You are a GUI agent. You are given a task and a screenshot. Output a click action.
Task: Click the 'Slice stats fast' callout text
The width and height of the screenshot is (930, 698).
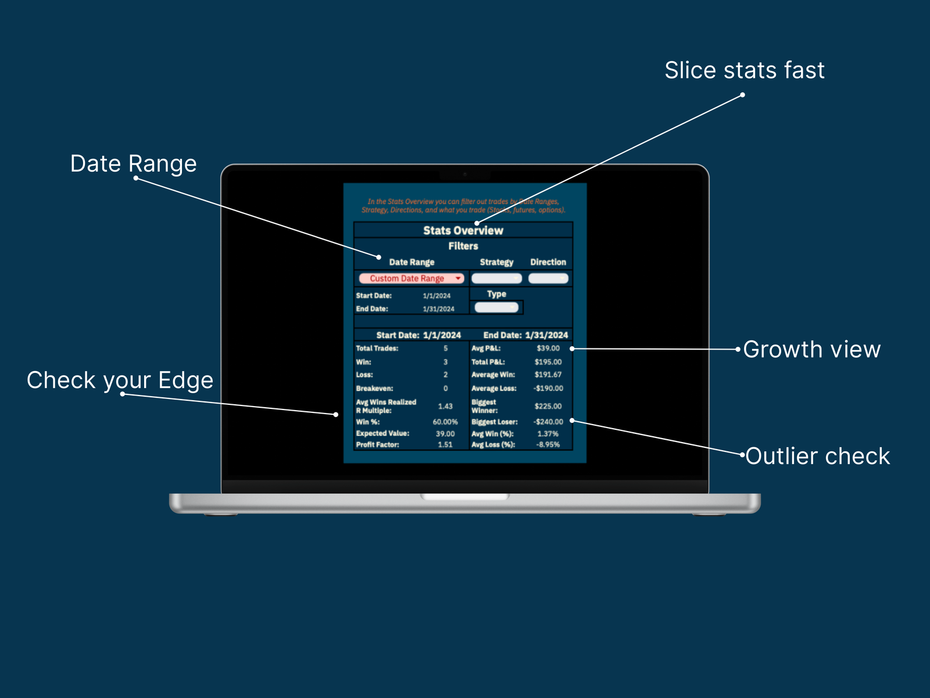click(745, 70)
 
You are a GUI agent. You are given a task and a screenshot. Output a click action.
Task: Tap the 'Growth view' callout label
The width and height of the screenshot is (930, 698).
click(811, 350)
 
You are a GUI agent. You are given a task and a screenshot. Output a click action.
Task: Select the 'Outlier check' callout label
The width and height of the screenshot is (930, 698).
click(817, 456)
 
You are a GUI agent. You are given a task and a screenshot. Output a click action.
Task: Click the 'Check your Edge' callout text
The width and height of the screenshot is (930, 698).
click(120, 380)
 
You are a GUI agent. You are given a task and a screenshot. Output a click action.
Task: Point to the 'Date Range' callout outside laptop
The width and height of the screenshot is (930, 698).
click(133, 163)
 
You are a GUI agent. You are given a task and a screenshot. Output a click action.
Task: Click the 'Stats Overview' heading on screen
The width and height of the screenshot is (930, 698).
click(463, 230)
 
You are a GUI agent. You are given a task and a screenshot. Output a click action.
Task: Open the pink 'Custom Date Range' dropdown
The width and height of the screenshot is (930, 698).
click(411, 279)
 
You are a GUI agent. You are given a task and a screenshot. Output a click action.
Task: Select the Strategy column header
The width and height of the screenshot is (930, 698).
click(496, 262)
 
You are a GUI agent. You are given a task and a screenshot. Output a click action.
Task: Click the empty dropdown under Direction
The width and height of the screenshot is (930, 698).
click(548, 279)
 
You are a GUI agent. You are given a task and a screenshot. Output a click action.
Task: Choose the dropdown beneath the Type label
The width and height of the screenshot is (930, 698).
click(496, 308)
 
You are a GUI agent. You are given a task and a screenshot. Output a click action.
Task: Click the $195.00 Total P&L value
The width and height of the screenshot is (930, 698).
click(548, 362)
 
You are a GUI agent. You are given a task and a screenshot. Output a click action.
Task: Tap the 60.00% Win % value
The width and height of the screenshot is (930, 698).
click(445, 422)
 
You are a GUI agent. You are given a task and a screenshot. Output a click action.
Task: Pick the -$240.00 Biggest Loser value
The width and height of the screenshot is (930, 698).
click(548, 422)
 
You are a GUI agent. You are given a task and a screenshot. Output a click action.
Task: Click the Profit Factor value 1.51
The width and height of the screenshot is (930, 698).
click(445, 444)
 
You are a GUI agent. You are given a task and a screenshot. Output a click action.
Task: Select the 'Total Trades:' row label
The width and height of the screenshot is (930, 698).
click(377, 348)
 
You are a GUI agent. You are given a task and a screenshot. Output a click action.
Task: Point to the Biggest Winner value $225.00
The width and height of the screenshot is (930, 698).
click(548, 406)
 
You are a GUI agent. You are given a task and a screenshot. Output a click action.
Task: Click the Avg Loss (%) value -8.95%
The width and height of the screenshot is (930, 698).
click(548, 444)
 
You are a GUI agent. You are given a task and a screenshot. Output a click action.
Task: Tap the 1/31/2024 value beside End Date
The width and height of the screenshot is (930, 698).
click(438, 309)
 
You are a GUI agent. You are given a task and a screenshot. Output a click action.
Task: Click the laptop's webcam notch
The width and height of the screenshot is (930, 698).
click(465, 174)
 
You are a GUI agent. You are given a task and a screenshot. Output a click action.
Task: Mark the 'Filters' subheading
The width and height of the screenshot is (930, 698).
click(463, 246)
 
